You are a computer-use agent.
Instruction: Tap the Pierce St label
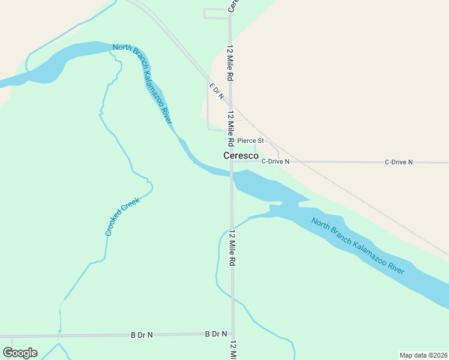click(250, 141)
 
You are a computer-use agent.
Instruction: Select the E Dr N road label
click(217, 91)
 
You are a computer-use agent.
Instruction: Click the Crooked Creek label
click(122, 217)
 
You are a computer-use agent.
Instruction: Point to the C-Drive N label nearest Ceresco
click(276, 162)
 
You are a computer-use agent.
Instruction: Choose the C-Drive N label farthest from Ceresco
click(399, 162)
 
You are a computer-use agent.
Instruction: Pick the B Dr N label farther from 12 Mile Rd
click(142, 335)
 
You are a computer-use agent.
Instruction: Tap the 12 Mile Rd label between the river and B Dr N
click(232, 248)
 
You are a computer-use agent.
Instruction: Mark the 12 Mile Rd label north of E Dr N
click(229, 63)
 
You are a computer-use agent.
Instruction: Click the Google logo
click(20, 353)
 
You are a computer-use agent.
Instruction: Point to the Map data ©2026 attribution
click(423, 355)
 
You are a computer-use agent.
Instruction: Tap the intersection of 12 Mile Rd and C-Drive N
click(231, 161)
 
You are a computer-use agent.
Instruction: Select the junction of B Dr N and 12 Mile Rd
click(233, 334)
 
